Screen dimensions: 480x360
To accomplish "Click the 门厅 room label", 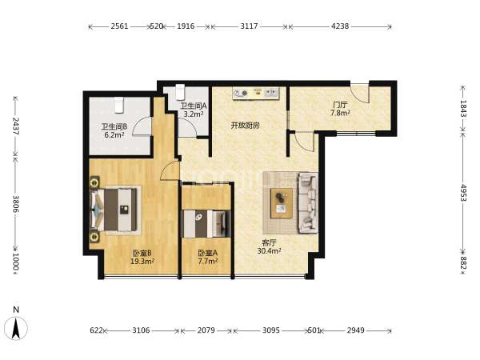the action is click(x=340, y=105).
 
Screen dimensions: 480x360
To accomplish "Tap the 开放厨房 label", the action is click(x=246, y=126).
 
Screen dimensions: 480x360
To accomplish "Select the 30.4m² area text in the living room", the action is click(x=269, y=251).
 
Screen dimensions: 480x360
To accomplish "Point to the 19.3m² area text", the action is click(x=142, y=261).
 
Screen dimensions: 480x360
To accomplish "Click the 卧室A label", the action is click(x=207, y=253).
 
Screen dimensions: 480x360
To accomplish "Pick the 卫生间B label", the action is click(x=114, y=126).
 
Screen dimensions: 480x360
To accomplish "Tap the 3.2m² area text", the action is click(x=194, y=114).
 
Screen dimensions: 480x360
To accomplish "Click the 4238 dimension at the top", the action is click(x=340, y=26).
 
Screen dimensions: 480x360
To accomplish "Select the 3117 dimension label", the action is click(x=249, y=26).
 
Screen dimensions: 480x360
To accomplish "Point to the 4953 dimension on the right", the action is click(x=463, y=193).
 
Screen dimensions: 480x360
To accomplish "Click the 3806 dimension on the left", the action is click(x=16, y=204).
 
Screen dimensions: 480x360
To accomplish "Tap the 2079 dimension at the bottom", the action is click(x=206, y=330).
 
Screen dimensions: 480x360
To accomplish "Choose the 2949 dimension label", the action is click(x=356, y=330).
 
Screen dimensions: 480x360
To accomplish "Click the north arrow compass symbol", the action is click(x=16, y=328).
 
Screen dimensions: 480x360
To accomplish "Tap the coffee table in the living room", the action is click(x=282, y=203).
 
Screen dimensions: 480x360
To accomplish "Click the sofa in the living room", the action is click(x=308, y=202).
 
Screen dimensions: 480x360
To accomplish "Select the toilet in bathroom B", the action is click(x=118, y=105).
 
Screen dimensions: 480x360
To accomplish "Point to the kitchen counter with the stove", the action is click(x=256, y=93).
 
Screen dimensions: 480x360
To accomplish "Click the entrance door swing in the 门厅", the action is click(x=360, y=93).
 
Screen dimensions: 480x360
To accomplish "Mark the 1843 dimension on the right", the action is click(x=463, y=109).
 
